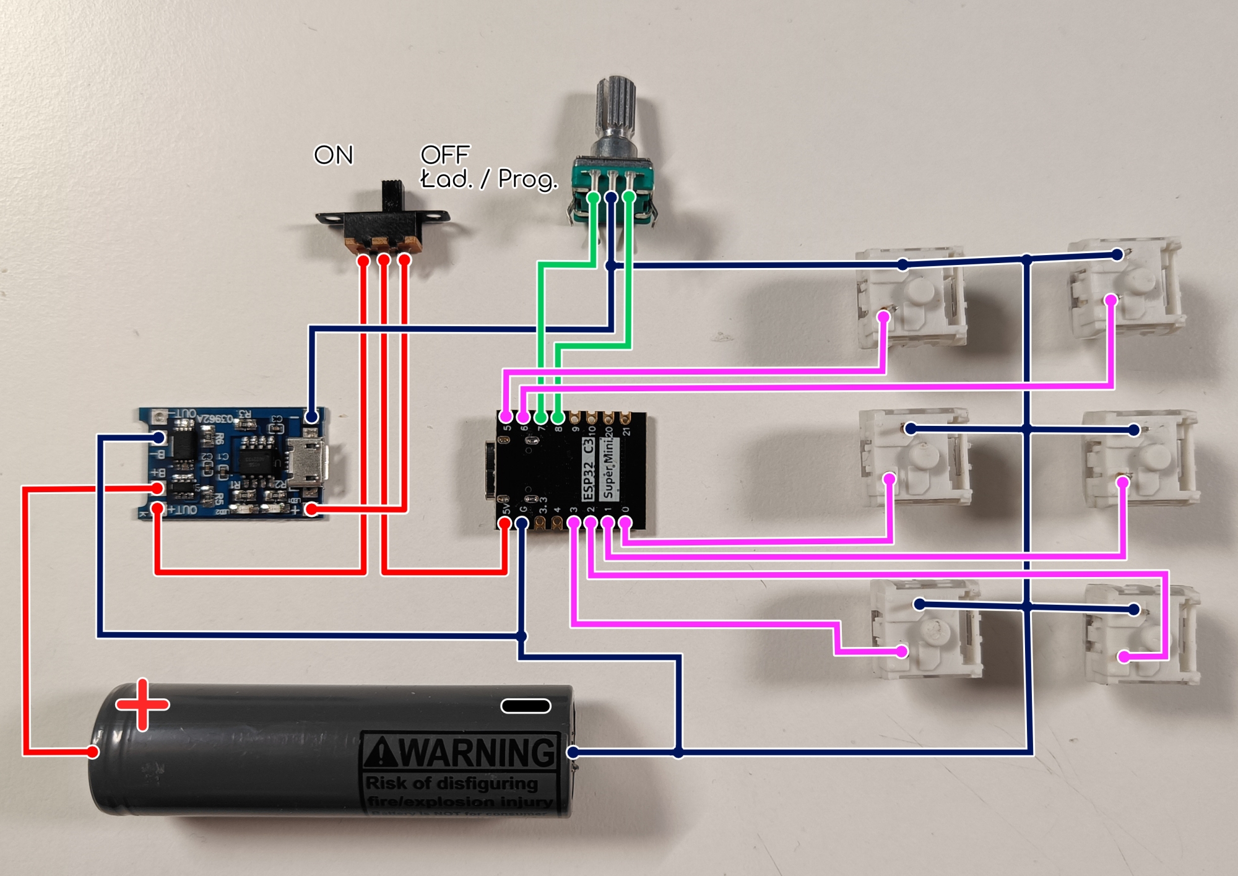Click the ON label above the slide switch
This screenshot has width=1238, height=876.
click(334, 155)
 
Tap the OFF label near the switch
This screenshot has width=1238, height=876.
click(445, 154)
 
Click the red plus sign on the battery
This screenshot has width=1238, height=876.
click(143, 704)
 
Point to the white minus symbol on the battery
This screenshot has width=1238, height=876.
click(526, 706)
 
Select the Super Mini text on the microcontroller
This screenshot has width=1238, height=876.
click(609, 468)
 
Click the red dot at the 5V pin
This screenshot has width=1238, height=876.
click(505, 523)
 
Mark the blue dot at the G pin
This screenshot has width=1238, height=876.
click(522, 523)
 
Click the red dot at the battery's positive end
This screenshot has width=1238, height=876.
click(93, 752)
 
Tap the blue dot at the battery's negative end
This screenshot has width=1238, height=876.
click(573, 752)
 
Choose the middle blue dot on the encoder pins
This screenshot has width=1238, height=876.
click(611, 197)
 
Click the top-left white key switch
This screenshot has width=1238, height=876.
click(910, 296)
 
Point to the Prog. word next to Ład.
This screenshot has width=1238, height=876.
click(527, 179)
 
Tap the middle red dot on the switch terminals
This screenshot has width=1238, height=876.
click(384, 260)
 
